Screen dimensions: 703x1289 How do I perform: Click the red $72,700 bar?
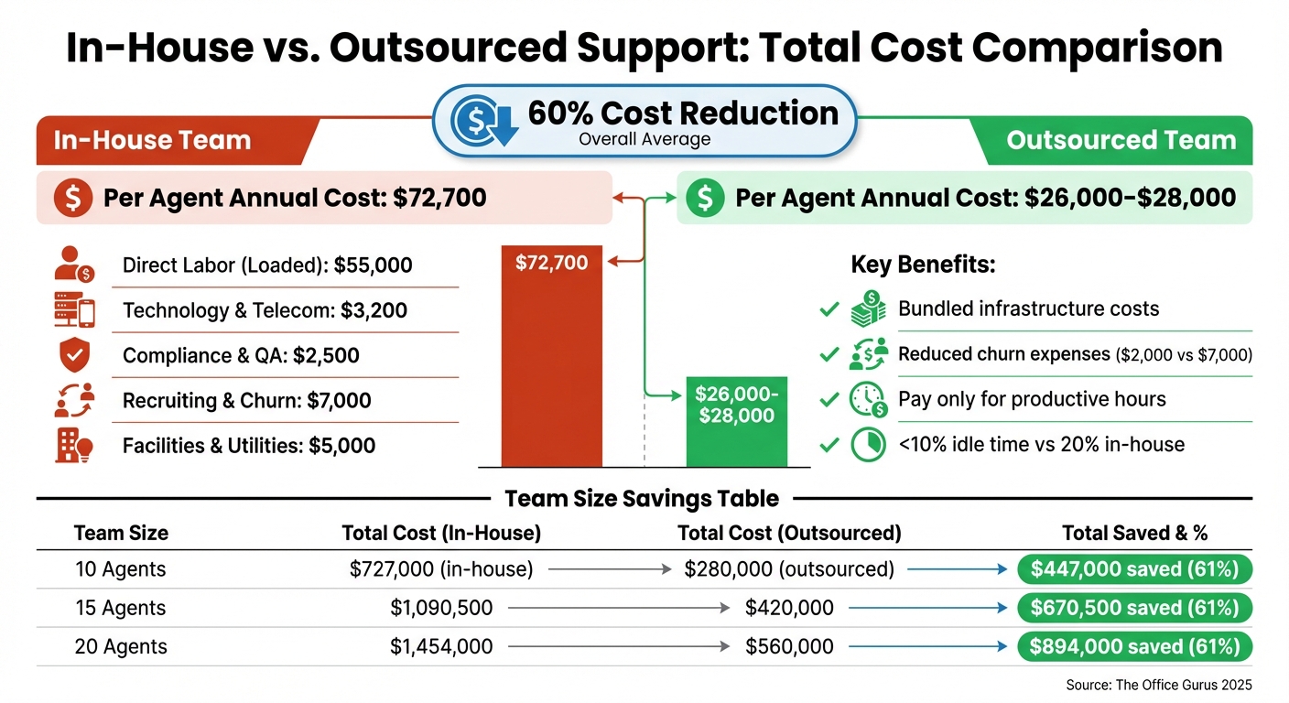click(552, 356)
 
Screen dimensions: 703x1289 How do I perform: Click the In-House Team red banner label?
click(152, 140)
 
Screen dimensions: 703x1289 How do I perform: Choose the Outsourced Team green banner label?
click(1121, 140)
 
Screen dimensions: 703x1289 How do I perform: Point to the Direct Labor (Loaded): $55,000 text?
click(267, 265)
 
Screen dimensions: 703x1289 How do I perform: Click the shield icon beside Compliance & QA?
click(73, 355)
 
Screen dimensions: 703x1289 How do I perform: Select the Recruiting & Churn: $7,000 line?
click(246, 401)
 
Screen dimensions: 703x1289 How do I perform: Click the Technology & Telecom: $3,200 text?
click(264, 310)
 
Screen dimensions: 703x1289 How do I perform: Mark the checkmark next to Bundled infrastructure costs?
click(829, 309)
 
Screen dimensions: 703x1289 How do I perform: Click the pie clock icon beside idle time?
click(868, 445)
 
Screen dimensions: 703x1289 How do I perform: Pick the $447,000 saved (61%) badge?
click(1134, 569)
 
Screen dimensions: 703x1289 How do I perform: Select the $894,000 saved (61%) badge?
click(1134, 647)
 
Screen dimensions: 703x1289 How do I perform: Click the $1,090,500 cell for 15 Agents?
click(441, 608)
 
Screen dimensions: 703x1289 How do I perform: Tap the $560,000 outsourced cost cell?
click(789, 647)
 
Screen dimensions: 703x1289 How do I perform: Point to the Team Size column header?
click(121, 533)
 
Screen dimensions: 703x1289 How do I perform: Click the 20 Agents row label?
click(121, 647)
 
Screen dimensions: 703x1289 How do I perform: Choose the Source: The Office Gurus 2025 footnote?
click(1158, 685)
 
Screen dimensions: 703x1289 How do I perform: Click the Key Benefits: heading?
click(923, 265)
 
